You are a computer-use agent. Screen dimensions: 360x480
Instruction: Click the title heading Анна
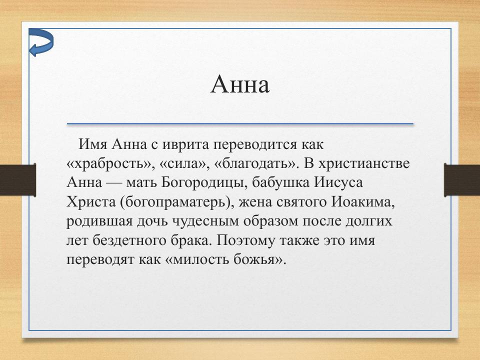240,85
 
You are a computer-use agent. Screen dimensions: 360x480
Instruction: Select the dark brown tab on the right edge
462,179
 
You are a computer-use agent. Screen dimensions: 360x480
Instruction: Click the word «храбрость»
103,164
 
